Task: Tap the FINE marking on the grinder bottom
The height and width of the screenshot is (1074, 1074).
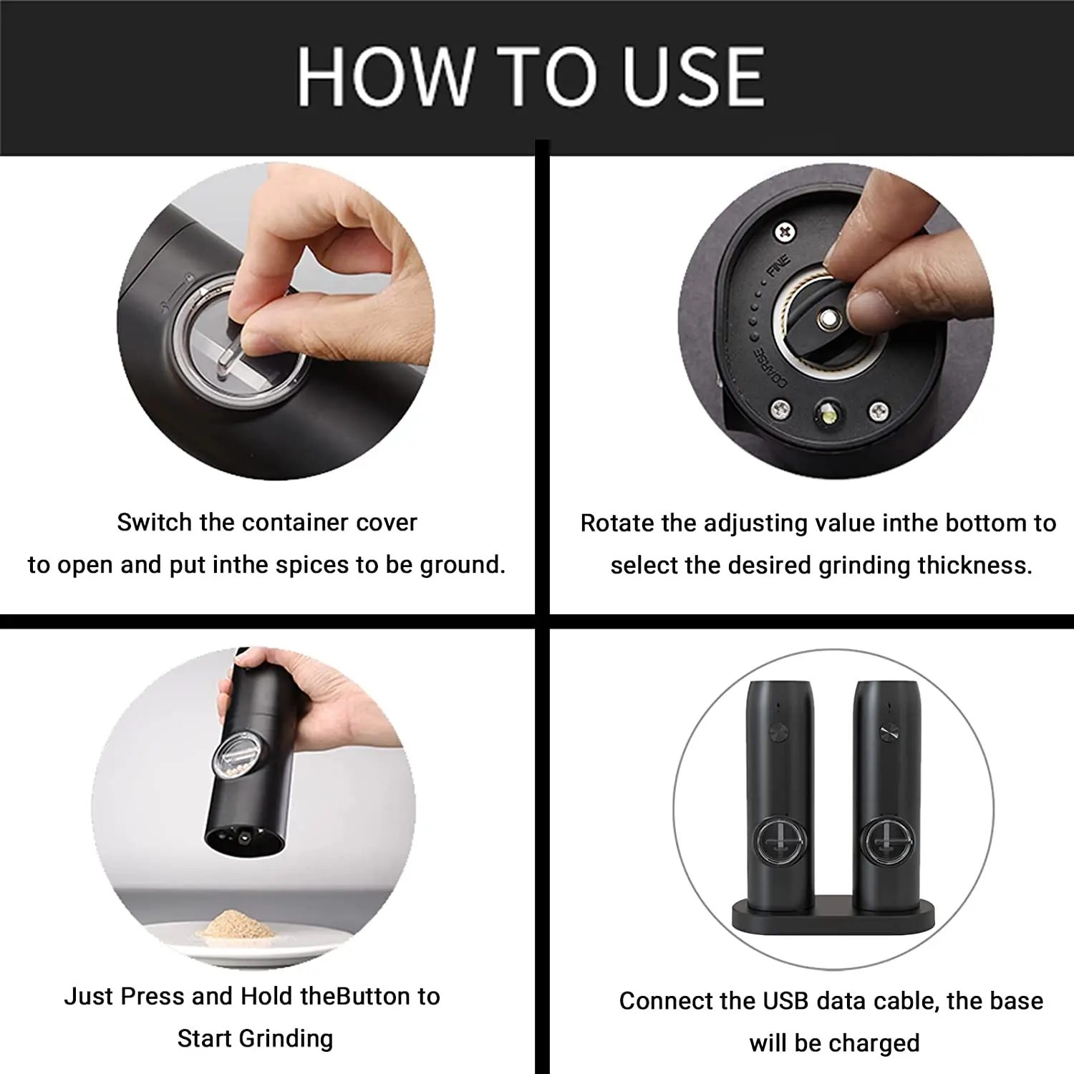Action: pos(778,266)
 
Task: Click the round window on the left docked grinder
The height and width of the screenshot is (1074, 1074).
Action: pos(780,838)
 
